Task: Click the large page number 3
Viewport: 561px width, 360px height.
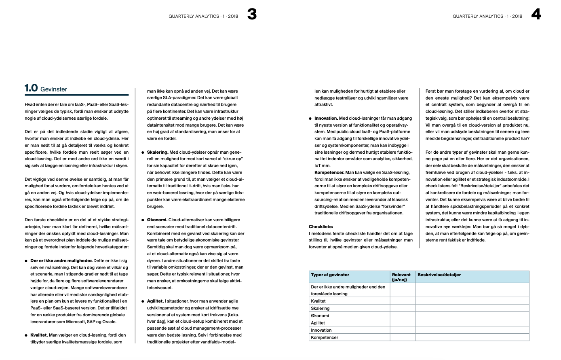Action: pos(252,15)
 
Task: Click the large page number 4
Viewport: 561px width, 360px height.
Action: pos(536,15)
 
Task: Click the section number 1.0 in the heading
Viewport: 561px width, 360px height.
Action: pos(31,88)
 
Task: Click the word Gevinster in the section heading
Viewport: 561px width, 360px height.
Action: pos(54,89)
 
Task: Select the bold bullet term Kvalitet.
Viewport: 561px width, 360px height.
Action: pos(39,335)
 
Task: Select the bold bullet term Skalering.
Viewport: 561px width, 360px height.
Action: pos(157,152)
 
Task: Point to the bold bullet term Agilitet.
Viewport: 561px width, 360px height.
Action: pos(155,301)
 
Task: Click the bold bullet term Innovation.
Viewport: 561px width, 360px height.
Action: pos(326,118)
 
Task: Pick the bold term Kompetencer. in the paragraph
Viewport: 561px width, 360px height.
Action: pos(329,172)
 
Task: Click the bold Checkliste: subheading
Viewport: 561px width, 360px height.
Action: pos(321,227)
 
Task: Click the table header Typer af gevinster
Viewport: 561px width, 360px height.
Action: pos(330,275)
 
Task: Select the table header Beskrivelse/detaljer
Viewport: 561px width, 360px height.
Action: pos(439,275)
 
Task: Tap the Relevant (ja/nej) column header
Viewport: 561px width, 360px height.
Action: pos(401,277)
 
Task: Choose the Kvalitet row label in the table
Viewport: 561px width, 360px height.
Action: pos(318,301)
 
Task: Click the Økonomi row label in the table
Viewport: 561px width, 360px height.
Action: pos(320,316)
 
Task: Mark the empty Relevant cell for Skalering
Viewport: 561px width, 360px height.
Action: pos(403,308)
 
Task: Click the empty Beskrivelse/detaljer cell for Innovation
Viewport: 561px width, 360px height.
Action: pos(472,330)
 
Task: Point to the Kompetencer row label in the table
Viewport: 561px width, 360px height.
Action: pos(325,337)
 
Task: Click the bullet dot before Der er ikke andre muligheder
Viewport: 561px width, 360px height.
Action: pos(26,261)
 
